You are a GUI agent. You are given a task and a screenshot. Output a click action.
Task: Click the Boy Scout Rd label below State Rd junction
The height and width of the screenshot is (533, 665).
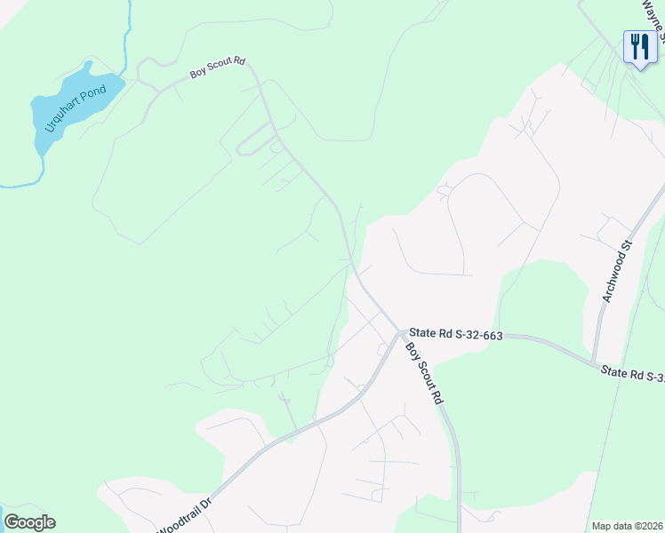424,372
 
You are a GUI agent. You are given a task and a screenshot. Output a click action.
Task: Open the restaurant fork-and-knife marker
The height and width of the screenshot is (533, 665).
639,46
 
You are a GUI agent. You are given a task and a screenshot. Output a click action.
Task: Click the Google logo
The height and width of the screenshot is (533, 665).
29,522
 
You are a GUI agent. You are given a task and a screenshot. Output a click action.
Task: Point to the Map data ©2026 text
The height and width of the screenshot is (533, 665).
628,526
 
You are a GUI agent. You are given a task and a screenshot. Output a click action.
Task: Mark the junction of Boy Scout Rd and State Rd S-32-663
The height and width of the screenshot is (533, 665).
401,334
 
